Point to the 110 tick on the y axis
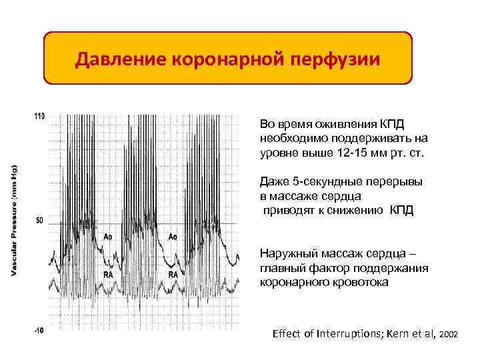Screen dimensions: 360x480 coord(40,117)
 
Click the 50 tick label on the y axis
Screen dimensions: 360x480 coord(40,219)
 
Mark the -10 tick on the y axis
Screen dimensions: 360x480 coord(40,329)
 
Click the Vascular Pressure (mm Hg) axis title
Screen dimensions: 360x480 coord(15,219)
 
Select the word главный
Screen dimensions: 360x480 coord(281,269)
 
